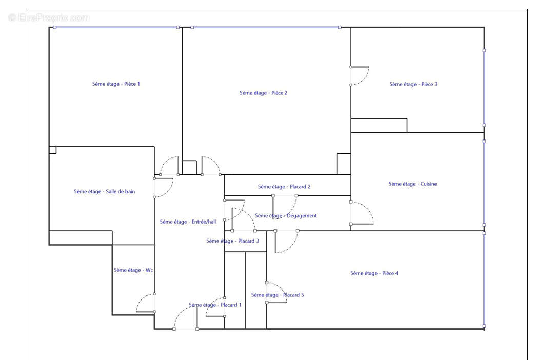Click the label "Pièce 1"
116,84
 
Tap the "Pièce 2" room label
263,93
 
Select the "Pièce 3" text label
413,85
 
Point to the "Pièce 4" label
374,273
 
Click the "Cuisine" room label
412,184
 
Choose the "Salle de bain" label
104,192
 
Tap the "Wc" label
133,270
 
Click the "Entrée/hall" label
188,222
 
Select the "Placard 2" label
284,187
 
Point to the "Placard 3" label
232,242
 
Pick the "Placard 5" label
278,295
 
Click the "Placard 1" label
215,305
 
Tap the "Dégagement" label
286,216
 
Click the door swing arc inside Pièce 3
366,79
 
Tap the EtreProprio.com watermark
49,17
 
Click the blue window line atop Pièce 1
116,27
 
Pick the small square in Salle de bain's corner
53,150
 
